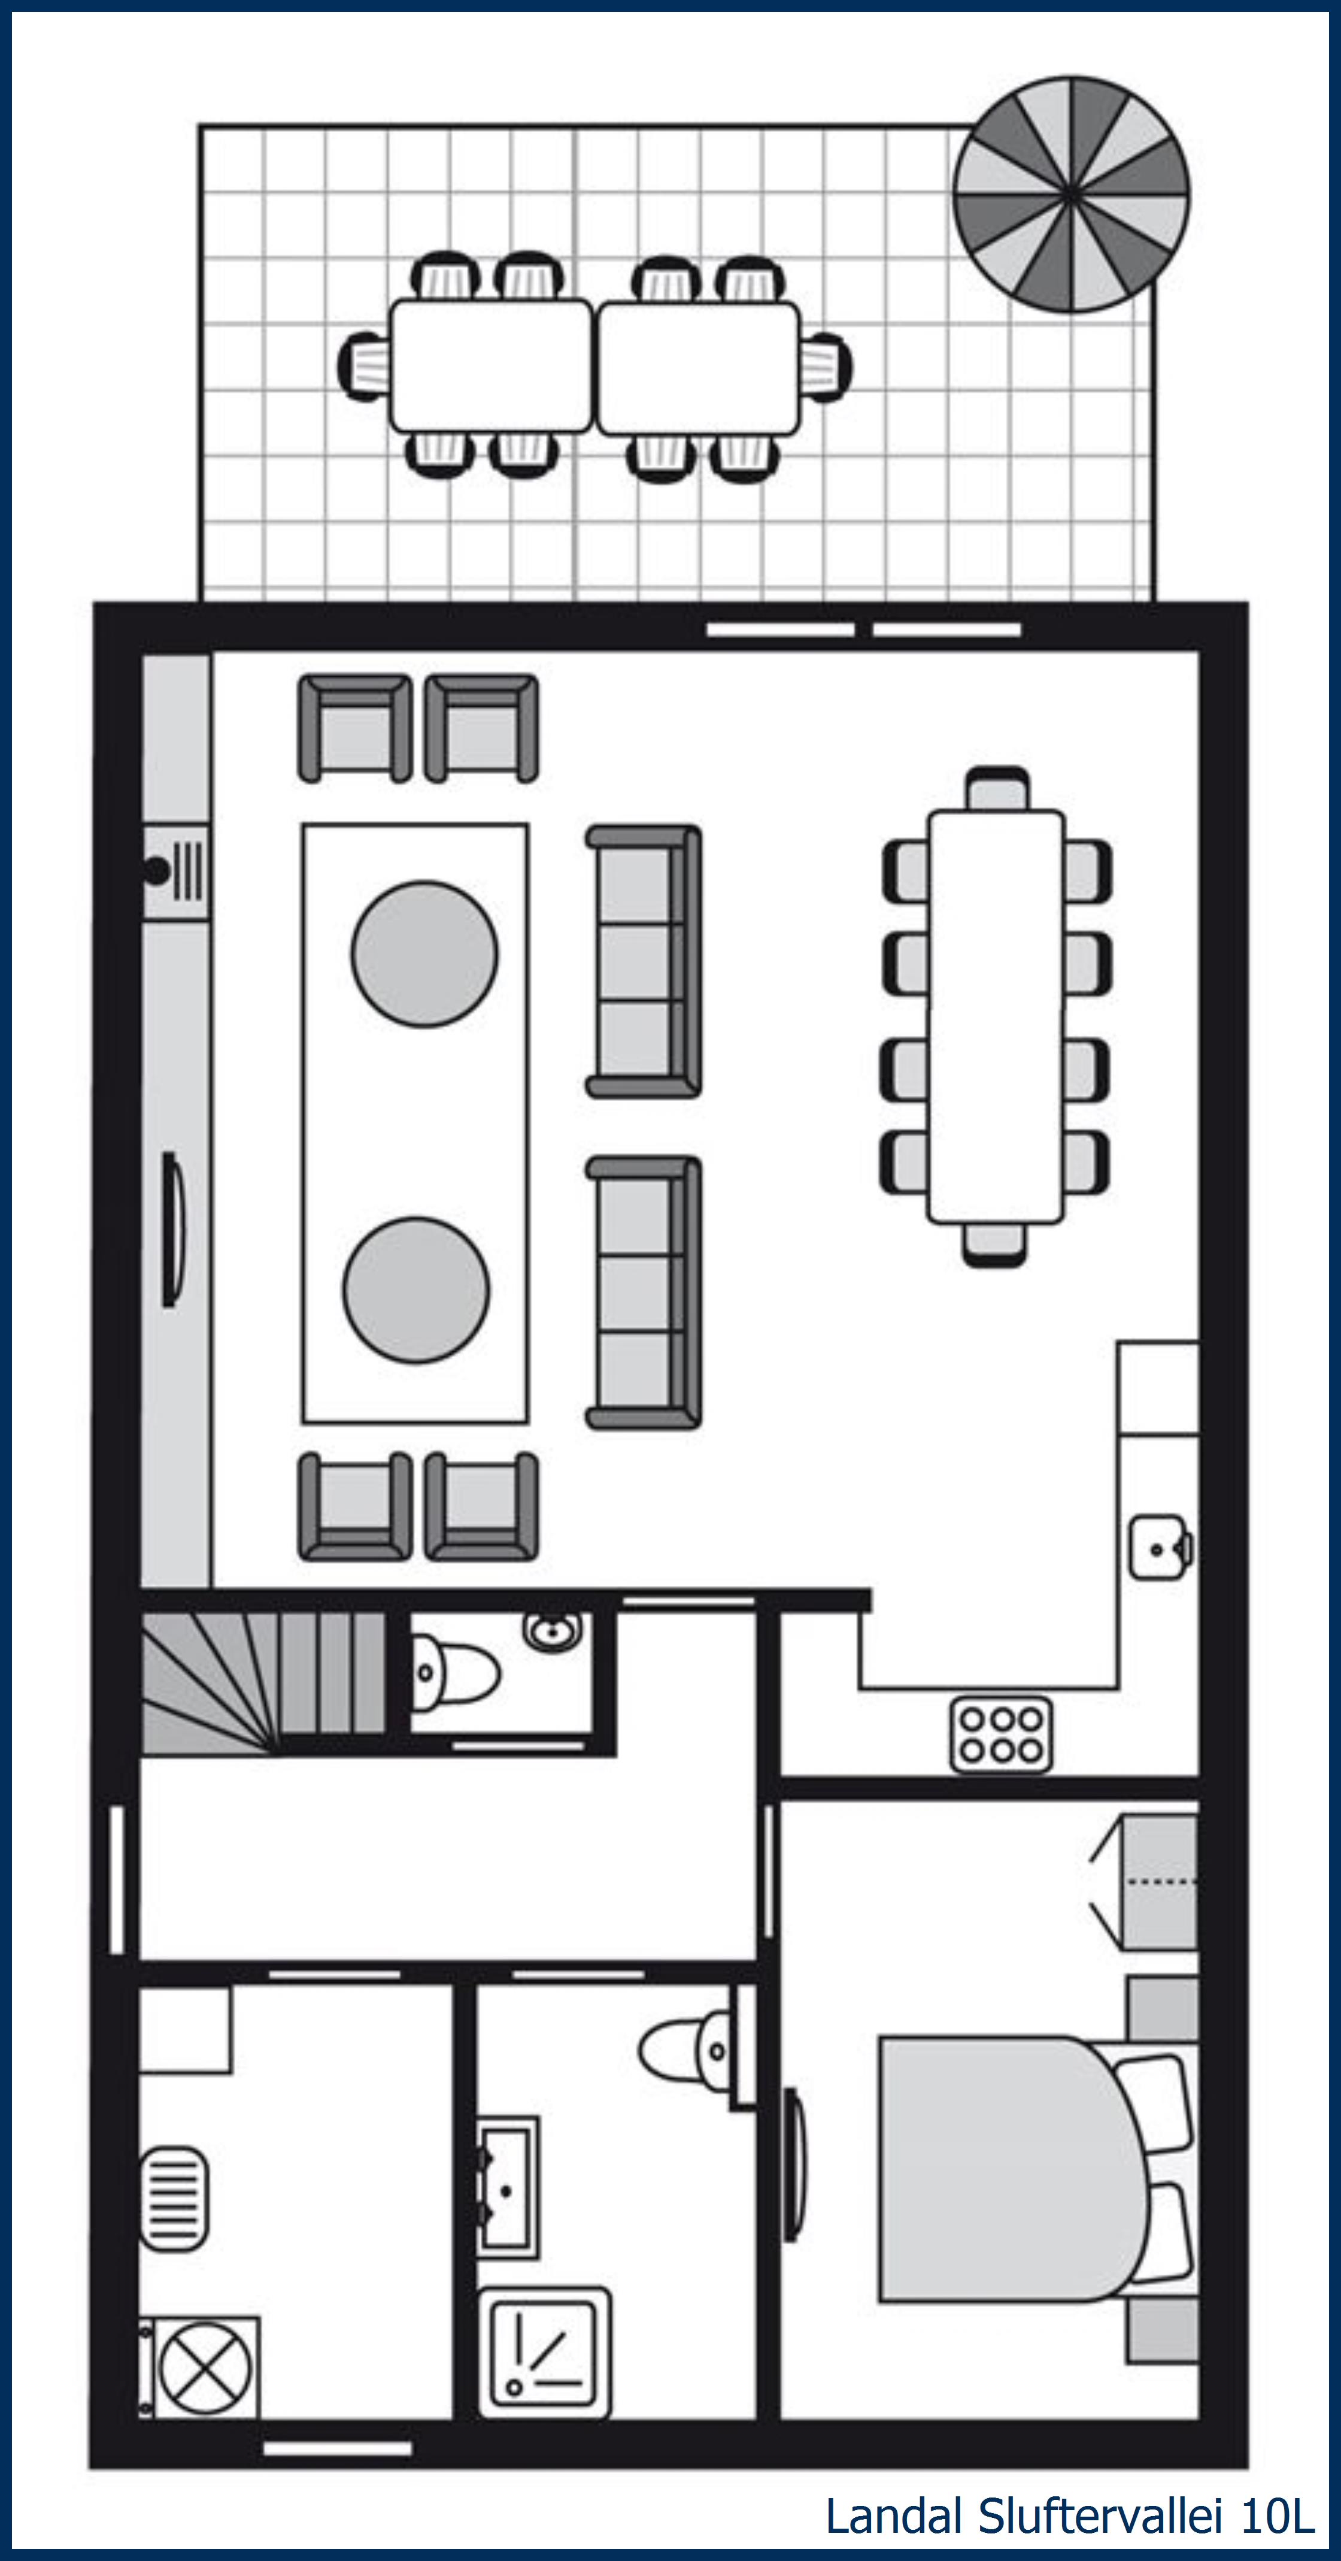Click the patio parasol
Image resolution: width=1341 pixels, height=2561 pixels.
coord(1070,194)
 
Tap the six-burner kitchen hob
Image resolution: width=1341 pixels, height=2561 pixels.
coord(1001,1735)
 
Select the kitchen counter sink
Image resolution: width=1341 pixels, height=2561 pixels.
coord(1158,1548)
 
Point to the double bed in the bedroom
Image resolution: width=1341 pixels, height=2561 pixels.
coord(1014,2169)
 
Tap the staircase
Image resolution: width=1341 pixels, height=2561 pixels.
coord(263,1682)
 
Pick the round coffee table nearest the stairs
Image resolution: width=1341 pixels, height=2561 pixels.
coord(417,1289)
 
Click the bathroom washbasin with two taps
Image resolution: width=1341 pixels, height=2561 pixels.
coord(508,2187)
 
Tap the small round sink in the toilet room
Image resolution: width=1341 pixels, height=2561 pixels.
coord(552,1630)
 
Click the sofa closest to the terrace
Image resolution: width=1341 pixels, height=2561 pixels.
coord(643,961)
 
